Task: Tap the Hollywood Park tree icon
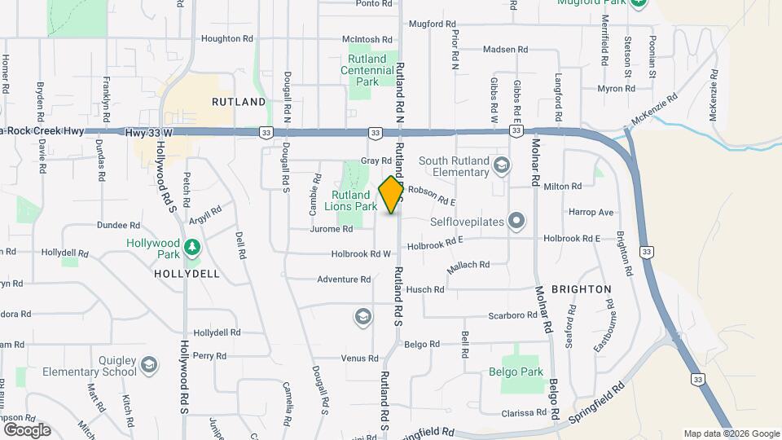click(x=192, y=245)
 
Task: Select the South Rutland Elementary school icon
click(x=503, y=165)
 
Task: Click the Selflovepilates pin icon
click(x=516, y=221)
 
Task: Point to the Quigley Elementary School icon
click(x=149, y=367)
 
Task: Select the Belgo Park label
click(x=521, y=372)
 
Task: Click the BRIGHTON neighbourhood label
click(x=581, y=289)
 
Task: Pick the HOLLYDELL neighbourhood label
click(x=187, y=274)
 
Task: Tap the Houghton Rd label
click(x=227, y=38)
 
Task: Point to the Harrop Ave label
click(x=591, y=212)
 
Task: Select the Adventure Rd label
click(x=344, y=279)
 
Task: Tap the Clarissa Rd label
click(x=522, y=413)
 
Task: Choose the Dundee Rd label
click(x=118, y=225)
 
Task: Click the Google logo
click(x=27, y=429)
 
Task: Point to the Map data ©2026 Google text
click(x=731, y=433)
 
